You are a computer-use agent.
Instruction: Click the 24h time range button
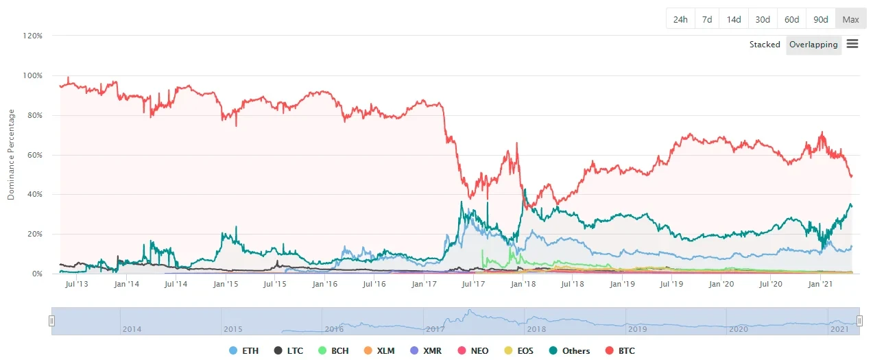pyautogui.click(x=680, y=19)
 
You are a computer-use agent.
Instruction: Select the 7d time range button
pyautogui.click(x=706, y=19)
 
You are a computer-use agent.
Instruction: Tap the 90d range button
pyautogui.click(x=821, y=19)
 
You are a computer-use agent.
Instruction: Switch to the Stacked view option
pyautogui.click(x=764, y=45)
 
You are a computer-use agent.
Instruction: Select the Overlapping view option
pyautogui.click(x=813, y=45)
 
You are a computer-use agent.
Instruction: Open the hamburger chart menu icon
pyautogui.click(x=852, y=44)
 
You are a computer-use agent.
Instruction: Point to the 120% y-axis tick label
pyautogui.click(x=33, y=36)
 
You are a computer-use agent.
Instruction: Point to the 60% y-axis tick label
pyautogui.click(x=35, y=155)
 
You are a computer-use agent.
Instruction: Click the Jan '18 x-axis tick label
pyautogui.click(x=523, y=283)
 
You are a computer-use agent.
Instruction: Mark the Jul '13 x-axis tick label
pyautogui.click(x=75, y=283)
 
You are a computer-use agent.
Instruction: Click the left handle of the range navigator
pyautogui.click(x=51, y=321)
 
